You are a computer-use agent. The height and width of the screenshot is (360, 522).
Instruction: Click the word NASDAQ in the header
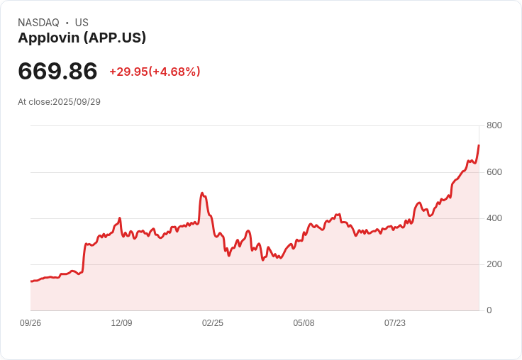(38, 23)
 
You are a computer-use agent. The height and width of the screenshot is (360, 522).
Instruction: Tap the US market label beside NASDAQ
(82, 23)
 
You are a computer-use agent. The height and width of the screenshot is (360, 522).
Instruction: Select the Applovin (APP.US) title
(82, 38)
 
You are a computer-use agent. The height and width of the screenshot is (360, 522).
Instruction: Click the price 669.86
(57, 72)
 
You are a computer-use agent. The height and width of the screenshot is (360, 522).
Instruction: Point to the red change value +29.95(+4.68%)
(155, 72)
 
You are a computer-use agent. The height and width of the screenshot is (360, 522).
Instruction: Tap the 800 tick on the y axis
(494, 125)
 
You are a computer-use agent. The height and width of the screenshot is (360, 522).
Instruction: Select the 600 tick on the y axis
(494, 172)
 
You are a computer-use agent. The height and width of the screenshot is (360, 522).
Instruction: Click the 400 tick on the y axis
(494, 218)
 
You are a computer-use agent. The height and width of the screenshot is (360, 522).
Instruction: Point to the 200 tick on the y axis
(494, 264)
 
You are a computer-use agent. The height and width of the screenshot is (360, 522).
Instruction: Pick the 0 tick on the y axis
(489, 310)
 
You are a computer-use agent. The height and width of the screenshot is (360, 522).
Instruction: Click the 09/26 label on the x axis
(30, 323)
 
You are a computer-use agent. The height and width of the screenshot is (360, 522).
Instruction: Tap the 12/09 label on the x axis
(121, 323)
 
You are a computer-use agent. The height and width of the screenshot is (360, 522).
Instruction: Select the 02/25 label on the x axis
(213, 323)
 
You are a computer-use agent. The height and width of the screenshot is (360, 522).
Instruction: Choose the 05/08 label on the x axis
(304, 323)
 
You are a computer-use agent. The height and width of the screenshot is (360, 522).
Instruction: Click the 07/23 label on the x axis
(395, 323)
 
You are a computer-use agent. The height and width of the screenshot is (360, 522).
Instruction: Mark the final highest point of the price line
(479, 145)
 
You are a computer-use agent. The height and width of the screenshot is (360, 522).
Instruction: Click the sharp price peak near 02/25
(202, 193)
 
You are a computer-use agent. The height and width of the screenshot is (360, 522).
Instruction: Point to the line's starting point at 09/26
(31, 281)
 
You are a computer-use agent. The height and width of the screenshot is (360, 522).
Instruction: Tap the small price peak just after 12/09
(120, 218)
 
